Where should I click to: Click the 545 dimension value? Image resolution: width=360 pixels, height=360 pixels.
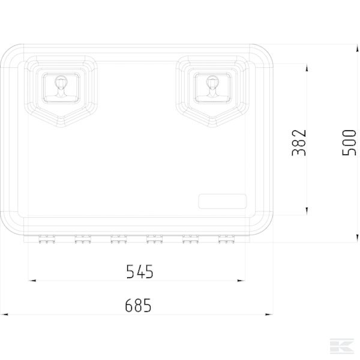click(x=140, y=272)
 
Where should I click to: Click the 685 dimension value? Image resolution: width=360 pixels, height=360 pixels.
click(x=138, y=305)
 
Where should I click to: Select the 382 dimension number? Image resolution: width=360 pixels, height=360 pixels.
click(x=299, y=143)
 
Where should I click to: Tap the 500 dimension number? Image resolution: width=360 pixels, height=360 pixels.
click(x=349, y=143)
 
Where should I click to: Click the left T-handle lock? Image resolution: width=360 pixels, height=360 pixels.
click(x=61, y=86)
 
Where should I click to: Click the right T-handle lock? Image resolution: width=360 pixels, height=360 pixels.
click(x=212, y=86)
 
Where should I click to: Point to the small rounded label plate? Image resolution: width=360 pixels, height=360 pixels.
click(x=223, y=202)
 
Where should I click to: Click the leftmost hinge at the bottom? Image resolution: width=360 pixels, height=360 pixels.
click(x=47, y=239)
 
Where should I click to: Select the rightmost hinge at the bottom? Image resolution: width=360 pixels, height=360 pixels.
click(x=226, y=239)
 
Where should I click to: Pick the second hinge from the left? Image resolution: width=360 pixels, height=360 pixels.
click(x=83, y=239)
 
